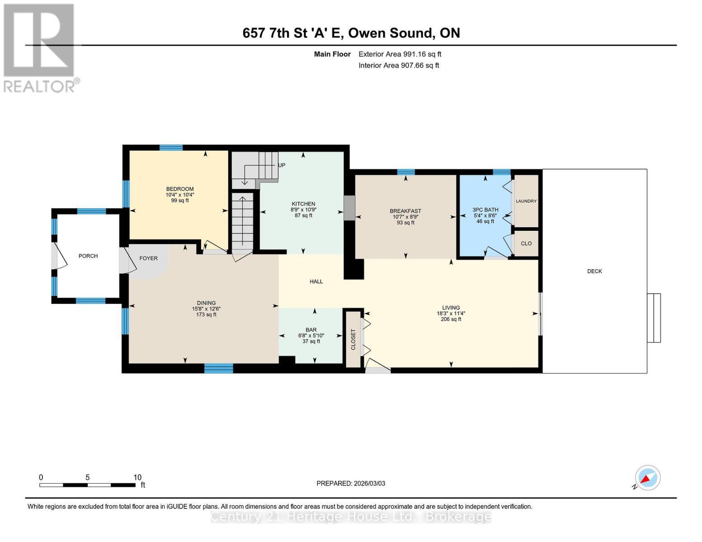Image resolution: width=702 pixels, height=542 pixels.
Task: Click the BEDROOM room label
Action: click(x=179, y=189)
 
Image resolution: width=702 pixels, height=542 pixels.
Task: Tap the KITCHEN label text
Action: click(x=303, y=204)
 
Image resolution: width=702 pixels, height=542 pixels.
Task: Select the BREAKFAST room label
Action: click(x=405, y=211)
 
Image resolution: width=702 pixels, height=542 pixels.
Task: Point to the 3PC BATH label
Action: click(x=485, y=210)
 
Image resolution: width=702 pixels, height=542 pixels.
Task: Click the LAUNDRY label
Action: click(x=526, y=201)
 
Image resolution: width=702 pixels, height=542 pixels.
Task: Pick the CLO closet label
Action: click(x=526, y=243)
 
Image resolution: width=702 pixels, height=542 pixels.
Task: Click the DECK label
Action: click(x=594, y=271)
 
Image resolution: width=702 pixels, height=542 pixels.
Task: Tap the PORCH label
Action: click(x=88, y=256)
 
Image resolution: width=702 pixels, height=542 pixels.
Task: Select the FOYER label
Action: click(x=148, y=258)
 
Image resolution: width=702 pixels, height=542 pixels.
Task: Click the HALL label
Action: click(x=316, y=281)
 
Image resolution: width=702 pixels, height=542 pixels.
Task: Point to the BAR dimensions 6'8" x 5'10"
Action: click(x=311, y=336)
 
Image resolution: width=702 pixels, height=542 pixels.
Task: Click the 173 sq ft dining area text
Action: click(x=206, y=314)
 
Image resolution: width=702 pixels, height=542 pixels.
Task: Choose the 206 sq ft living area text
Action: click(x=451, y=319)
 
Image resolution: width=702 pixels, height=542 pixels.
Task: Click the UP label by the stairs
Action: click(x=282, y=165)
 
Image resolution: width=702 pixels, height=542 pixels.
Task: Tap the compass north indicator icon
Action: click(x=647, y=478)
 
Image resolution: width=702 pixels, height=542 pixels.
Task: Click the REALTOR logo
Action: click(x=39, y=47)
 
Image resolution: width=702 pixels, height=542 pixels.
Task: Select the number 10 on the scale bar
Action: click(x=137, y=477)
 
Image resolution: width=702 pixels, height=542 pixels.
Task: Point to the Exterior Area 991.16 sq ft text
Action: click(x=400, y=54)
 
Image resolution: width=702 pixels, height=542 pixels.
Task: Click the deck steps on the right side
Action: click(x=654, y=318)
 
